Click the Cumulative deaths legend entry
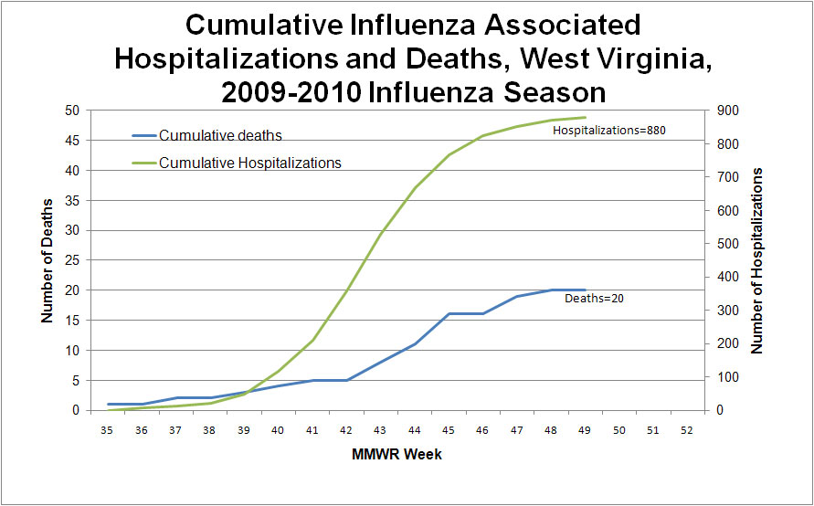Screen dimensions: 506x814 point(220,136)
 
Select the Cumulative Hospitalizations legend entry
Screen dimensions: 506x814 point(249,163)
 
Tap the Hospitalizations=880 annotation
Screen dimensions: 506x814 point(609,131)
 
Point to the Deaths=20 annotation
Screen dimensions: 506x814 point(594,297)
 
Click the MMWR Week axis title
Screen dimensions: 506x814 point(397,454)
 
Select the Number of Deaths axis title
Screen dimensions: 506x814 point(47,259)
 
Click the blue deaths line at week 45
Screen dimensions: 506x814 point(449,313)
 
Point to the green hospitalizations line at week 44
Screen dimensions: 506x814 point(415,188)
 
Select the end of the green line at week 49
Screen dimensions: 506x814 point(585,117)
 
